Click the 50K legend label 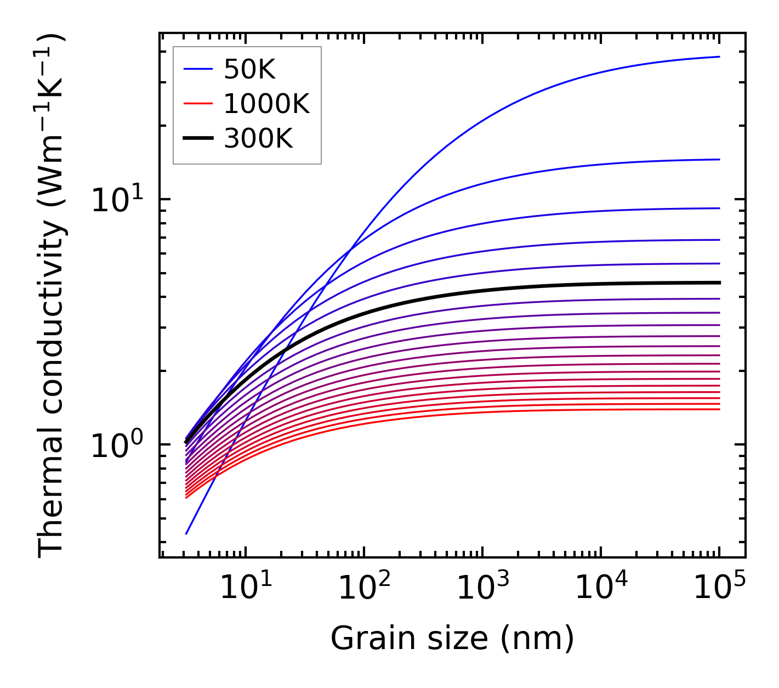click(249, 70)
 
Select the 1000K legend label click(266, 104)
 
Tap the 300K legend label click(258, 139)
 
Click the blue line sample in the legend click(197, 70)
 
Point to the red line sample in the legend click(197, 104)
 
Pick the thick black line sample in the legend click(197, 138)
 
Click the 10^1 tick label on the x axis click(245, 588)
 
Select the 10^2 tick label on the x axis click(364, 588)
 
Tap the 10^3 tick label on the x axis click(482, 588)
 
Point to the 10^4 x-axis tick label click(601, 588)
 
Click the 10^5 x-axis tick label click(719, 588)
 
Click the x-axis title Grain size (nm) click(452, 639)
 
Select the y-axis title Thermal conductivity click(52, 296)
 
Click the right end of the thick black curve click(719, 283)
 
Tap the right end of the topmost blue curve click(719, 57)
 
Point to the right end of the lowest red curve click(719, 409)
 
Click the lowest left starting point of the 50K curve click(186, 533)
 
